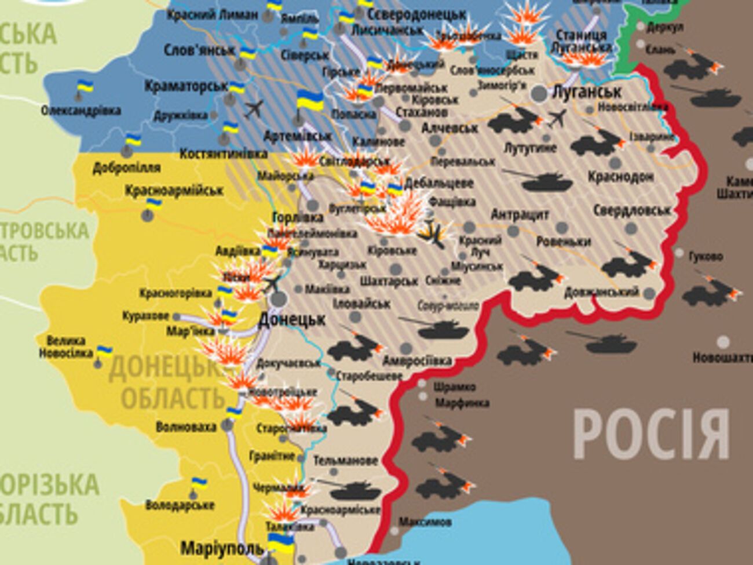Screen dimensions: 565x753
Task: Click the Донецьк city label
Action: coord(292,319)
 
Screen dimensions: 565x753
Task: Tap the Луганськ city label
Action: coord(586,92)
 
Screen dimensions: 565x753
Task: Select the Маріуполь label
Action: coord(222,548)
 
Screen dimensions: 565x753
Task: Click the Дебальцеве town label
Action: coord(438,183)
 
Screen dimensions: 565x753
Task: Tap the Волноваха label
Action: coord(186,427)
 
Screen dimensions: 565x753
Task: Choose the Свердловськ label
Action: coord(631,210)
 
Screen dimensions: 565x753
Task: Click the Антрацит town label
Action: coord(520,215)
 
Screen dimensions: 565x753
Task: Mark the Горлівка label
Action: coord(298,218)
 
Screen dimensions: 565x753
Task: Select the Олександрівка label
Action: coord(81,110)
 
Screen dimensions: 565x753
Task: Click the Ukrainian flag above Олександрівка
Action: coord(85,88)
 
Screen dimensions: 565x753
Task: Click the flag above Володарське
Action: coord(199,483)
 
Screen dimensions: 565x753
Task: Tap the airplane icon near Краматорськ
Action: coord(254,108)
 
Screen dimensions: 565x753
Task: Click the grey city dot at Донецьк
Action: coord(279,299)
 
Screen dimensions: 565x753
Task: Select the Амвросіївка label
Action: coord(416,361)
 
